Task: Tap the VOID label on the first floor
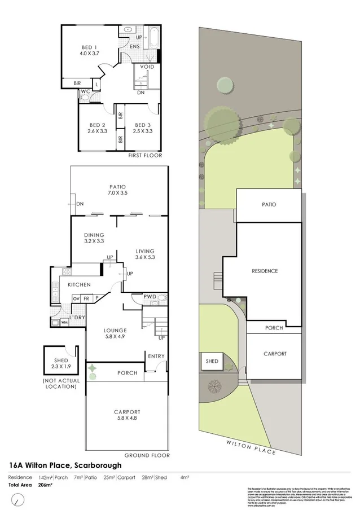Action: coord(147,67)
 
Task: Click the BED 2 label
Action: coord(97,125)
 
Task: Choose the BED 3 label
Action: coord(142,125)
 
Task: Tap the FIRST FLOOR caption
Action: coord(145,155)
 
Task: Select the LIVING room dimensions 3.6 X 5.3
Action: coord(144,258)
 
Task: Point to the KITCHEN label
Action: coord(80,285)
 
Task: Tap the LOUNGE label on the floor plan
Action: coord(115,330)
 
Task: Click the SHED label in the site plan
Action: coord(212,361)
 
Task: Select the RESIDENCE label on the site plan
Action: coord(265,271)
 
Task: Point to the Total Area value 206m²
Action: coord(46,485)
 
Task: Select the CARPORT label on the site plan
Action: coord(275,354)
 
